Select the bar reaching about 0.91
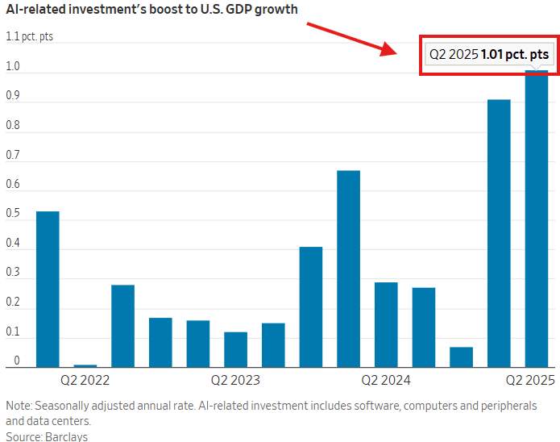(499, 234)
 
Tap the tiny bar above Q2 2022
(85, 365)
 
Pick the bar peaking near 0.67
(348, 269)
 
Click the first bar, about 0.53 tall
(48, 289)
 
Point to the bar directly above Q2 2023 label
(235, 349)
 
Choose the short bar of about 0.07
(462, 357)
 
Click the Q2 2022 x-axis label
(85, 379)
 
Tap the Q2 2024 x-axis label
(386, 379)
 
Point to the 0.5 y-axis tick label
(13, 213)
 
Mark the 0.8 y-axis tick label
(13, 124)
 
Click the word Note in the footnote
(18, 405)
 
